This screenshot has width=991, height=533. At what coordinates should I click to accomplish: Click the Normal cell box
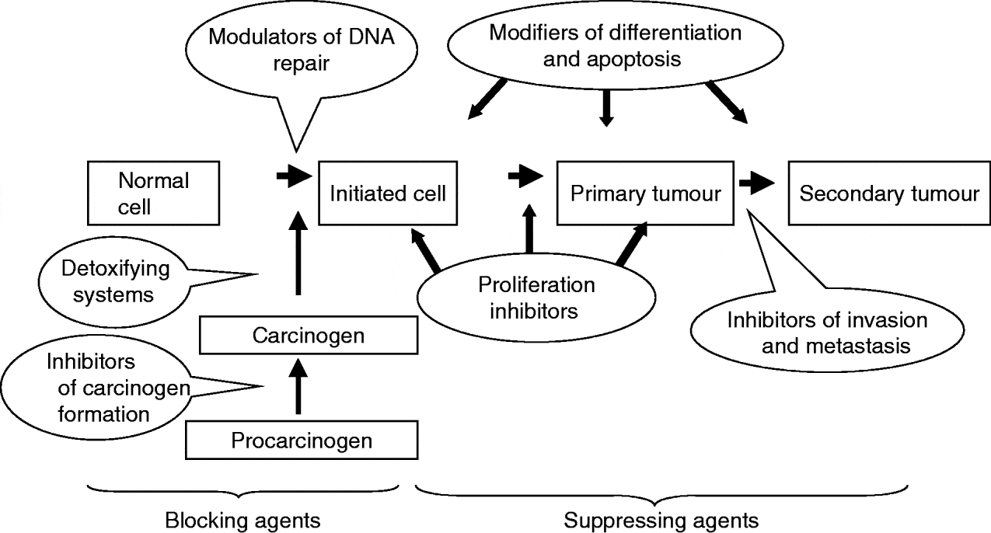click(x=153, y=193)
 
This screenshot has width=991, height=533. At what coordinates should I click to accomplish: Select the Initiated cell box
click(x=388, y=193)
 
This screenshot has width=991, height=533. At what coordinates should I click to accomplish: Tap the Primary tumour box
click(x=645, y=193)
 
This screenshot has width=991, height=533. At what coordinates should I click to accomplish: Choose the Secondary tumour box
click(x=889, y=193)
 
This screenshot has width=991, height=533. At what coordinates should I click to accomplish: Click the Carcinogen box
click(x=309, y=336)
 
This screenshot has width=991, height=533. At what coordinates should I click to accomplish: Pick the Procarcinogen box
click(x=302, y=441)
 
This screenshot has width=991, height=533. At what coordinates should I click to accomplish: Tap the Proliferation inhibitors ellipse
click(x=536, y=298)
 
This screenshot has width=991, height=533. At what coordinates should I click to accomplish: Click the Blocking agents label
click(x=243, y=518)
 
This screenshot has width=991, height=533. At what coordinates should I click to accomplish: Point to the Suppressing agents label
click(x=661, y=518)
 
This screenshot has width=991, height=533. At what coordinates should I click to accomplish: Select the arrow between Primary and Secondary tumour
click(x=757, y=183)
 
